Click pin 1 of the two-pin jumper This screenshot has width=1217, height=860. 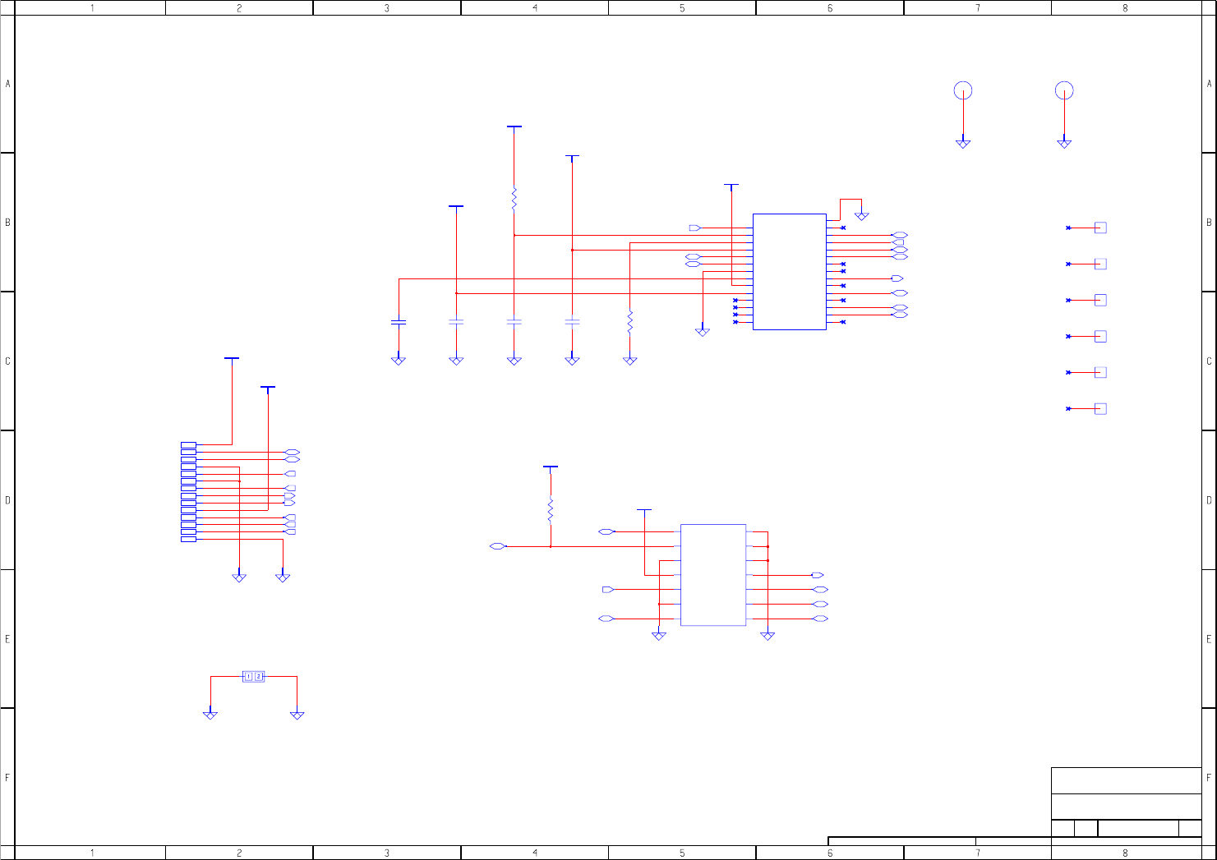tap(249, 677)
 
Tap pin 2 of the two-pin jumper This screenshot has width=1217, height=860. tap(259, 677)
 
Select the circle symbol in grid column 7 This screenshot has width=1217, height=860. tap(963, 90)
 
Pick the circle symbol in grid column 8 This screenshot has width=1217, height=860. tap(1064, 90)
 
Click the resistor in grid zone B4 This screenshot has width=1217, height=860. tap(514, 199)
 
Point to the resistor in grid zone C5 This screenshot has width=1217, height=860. tap(629, 322)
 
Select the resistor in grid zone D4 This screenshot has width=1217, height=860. tap(551, 511)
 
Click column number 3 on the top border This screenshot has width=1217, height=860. tap(387, 8)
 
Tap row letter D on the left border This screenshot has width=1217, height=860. tap(8, 500)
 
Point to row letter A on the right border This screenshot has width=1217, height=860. tap(1209, 84)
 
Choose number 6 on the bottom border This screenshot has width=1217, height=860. tap(830, 853)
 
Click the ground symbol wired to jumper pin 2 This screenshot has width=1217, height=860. tap(297, 715)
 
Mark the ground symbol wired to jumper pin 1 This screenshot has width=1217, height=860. tap(210, 715)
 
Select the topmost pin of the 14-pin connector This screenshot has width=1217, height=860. tap(188, 445)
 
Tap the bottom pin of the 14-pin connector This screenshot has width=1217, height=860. tap(188, 539)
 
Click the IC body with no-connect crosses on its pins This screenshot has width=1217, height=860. tap(789, 272)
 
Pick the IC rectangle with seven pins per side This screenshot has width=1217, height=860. tap(713, 575)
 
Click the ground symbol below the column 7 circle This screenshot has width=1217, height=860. tap(963, 144)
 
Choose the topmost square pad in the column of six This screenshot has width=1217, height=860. tap(1100, 228)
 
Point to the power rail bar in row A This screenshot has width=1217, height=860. tap(514, 126)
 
